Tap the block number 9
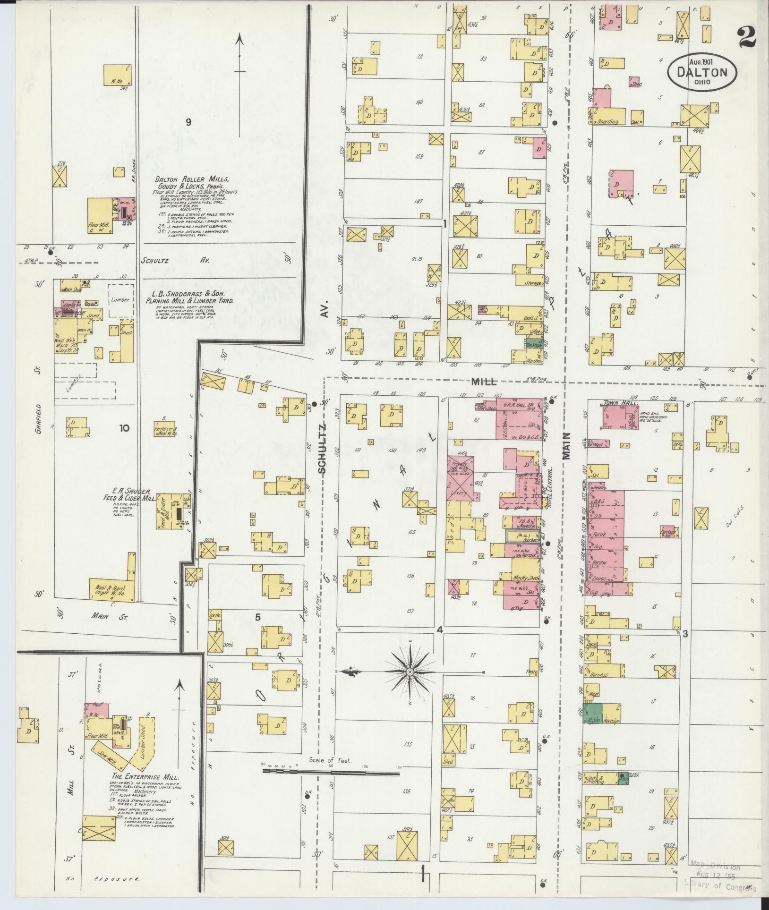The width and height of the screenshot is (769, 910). [x=188, y=122]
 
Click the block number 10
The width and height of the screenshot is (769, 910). [x=124, y=428]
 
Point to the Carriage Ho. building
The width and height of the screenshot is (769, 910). [x=667, y=531]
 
